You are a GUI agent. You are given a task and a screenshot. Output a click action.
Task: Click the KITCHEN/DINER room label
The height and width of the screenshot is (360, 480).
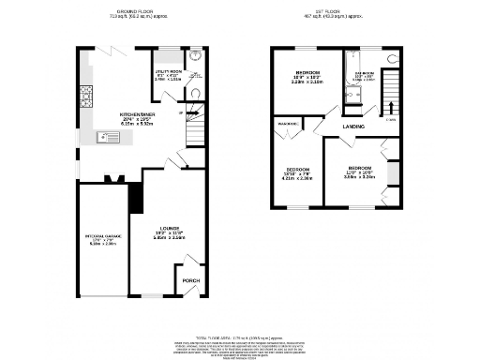tap(138, 114)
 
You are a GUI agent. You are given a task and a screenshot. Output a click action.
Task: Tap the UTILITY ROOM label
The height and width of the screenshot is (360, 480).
tap(167, 70)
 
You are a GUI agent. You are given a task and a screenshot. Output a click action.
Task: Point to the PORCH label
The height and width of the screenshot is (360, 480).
tap(190, 280)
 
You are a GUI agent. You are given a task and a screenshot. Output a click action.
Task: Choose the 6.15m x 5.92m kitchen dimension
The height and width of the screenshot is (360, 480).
tap(138, 125)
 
